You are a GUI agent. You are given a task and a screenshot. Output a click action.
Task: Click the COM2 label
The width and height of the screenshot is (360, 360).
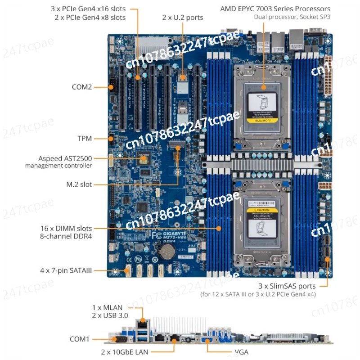pos(81,87)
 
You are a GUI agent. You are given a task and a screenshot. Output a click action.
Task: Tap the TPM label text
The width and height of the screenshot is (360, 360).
pos(84,139)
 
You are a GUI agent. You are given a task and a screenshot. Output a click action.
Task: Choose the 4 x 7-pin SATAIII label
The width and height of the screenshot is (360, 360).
pos(65,270)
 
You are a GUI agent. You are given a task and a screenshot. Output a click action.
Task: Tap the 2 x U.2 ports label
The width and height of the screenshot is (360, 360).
pos(183,18)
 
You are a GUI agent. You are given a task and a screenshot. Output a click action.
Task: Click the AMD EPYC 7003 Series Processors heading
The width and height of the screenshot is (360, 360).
pos(275,9)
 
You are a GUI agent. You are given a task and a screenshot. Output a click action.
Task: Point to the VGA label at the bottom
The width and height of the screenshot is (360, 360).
pos(241,352)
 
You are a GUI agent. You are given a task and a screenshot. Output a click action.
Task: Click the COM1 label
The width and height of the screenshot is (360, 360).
pos(80,339)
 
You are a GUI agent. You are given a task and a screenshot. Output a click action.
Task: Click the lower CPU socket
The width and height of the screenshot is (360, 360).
pos(263,225)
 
